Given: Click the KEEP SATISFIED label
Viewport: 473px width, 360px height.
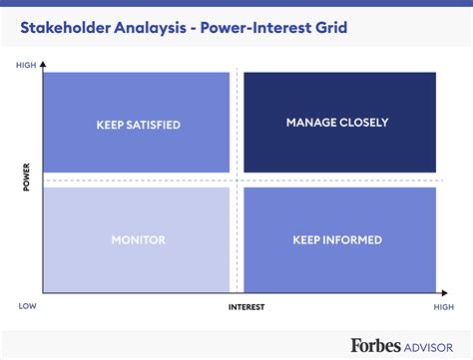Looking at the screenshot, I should (138, 125).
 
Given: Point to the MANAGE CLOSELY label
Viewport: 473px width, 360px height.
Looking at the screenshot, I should (337, 123).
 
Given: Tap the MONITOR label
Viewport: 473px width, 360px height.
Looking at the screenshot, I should (138, 239).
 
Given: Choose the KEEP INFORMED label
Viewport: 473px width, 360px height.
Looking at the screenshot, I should (337, 239).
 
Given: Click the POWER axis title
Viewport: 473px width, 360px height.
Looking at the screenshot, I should (26, 181).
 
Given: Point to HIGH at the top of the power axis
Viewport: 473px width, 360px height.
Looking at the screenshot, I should (26, 65).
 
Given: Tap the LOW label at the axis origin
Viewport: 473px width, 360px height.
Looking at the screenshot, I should (26, 307).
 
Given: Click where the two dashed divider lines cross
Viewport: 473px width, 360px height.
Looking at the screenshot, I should (236, 180).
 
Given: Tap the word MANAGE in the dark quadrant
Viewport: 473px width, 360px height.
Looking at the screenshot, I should (310, 123).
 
